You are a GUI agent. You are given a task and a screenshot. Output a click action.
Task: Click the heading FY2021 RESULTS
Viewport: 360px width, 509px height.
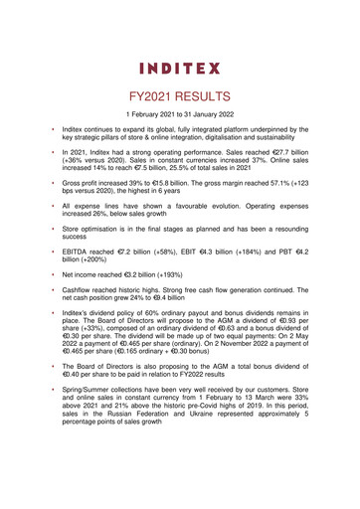(x=179, y=99)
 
